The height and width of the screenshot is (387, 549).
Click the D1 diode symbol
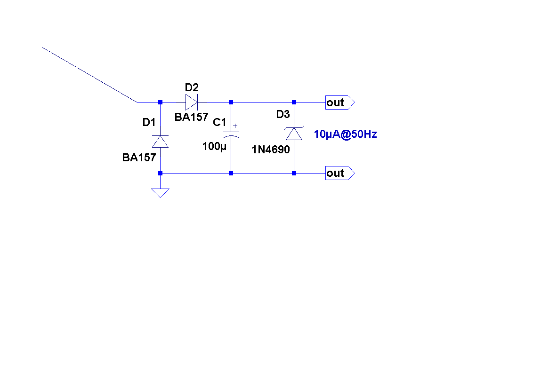coord(160,141)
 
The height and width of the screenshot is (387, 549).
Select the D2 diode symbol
coord(191,102)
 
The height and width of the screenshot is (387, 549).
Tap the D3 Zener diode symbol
coord(294,134)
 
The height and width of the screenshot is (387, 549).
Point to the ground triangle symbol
coord(160,192)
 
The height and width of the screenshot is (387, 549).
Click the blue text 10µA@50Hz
coord(345,134)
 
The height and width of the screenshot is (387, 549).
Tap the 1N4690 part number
coord(271,150)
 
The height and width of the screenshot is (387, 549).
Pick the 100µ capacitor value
coord(214,146)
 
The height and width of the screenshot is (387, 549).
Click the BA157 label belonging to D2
coord(191,117)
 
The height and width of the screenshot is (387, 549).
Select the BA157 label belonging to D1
coord(139,158)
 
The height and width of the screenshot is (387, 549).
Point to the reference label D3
coord(283,114)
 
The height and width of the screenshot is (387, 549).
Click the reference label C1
coord(219,123)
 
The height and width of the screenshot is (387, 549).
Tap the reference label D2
coord(192,87)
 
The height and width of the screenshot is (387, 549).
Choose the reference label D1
coord(149,123)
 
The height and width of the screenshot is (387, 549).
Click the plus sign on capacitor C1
coord(235,126)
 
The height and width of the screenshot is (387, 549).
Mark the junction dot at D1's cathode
coord(160,102)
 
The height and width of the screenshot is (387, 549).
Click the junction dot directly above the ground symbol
coord(160,173)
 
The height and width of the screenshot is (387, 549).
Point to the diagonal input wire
coord(89,74)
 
